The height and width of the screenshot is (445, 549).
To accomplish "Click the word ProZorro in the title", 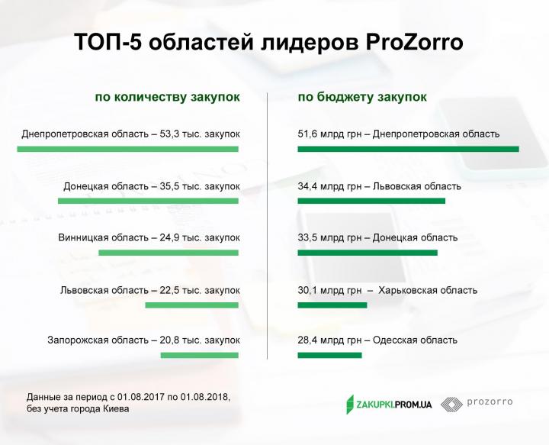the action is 415,43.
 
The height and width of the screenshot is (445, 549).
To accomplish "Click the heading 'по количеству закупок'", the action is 167,97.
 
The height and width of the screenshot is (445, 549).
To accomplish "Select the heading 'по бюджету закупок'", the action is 362,97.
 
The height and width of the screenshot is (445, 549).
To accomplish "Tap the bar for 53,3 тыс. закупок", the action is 128,149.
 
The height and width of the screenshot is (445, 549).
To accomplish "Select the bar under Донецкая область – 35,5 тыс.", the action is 148,201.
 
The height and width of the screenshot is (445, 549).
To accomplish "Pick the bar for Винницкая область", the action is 169,253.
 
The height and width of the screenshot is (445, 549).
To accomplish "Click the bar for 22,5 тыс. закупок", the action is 192,305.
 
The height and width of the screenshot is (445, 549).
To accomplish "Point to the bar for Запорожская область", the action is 200,355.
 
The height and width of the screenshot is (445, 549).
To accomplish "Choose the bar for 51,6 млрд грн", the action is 408,149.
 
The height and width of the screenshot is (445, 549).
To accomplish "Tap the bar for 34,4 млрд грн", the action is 371,201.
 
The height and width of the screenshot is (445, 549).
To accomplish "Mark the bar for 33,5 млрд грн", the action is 368,253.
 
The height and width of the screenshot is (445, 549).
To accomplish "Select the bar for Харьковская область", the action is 332,305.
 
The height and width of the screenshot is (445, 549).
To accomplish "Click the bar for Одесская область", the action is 330,355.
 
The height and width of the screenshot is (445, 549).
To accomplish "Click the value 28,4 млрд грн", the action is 329,340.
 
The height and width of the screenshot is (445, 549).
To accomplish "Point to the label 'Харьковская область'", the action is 428,290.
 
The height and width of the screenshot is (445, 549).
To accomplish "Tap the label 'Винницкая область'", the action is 103,237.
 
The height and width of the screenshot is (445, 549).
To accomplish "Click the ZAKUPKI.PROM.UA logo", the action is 389,405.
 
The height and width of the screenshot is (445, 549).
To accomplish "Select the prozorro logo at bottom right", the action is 477,405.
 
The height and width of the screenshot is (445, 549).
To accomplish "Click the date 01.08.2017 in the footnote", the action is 141,397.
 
